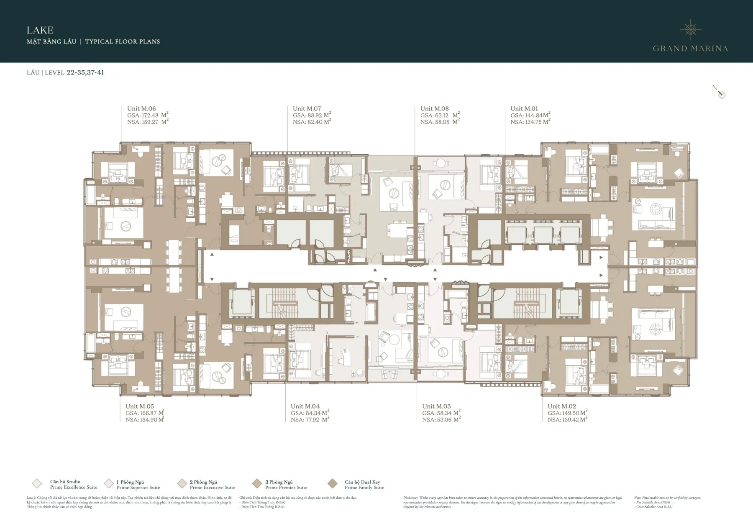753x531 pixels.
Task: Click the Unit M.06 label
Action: (x=141, y=109)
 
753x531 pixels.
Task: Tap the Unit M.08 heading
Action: (x=434, y=109)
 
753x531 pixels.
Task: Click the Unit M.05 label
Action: (x=140, y=406)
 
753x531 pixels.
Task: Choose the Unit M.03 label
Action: (x=436, y=406)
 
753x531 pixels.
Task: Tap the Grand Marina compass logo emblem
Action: (x=690, y=29)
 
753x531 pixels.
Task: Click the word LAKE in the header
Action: (x=40, y=30)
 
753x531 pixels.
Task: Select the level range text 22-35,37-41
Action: (x=85, y=72)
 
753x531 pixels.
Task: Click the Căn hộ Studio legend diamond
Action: (x=37, y=484)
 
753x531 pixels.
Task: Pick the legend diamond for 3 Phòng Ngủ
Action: (x=257, y=484)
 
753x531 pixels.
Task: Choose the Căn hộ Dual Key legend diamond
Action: (x=333, y=484)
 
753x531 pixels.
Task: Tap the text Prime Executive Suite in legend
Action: (x=213, y=488)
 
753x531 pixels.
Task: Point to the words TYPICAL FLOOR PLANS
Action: (x=123, y=41)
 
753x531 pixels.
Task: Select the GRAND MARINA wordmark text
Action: (x=690, y=49)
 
